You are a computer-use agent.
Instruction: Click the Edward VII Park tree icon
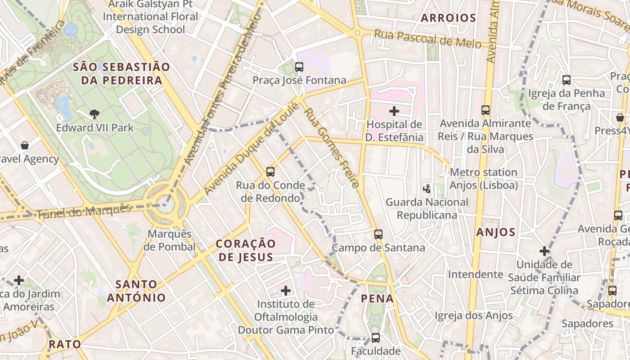(94, 114)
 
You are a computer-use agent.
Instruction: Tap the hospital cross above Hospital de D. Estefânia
(394, 111)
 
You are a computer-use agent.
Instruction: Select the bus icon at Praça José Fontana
(299, 67)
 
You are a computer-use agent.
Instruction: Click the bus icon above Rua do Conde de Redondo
(270, 171)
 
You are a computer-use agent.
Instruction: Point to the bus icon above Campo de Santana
(378, 234)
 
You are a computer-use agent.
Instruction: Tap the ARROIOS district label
(448, 18)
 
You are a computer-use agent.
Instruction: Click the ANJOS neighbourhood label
(495, 232)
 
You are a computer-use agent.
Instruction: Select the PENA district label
(377, 298)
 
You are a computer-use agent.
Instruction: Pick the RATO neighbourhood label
(65, 345)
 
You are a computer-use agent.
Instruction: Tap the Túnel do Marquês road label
(84, 211)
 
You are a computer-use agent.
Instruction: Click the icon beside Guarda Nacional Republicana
(426, 189)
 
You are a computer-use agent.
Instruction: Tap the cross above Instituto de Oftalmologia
(285, 290)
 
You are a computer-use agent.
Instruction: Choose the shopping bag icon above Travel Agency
(25, 145)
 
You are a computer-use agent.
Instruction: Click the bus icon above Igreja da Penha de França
(566, 80)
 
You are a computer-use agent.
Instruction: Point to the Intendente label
(475, 274)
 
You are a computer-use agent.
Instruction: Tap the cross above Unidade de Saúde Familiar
(544, 251)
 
